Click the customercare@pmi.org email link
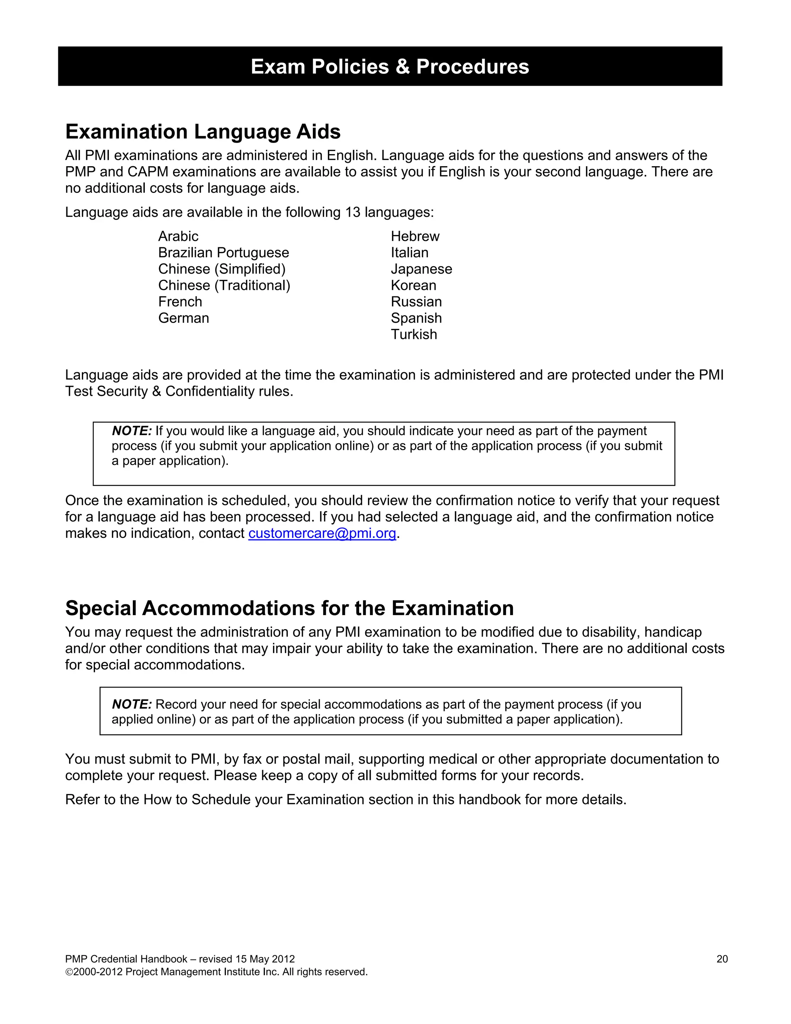(x=322, y=534)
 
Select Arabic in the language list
(x=178, y=236)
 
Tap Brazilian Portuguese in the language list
(x=224, y=253)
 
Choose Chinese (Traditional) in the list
(x=224, y=286)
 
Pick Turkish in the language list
(x=414, y=335)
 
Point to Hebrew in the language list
(x=415, y=236)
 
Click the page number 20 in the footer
(x=721, y=959)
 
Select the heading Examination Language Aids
(x=203, y=132)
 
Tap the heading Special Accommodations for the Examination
(x=289, y=608)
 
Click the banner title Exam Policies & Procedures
(x=390, y=66)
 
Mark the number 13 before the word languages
(x=352, y=213)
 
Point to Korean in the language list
(x=413, y=286)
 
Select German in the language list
(x=183, y=318)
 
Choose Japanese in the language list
(x=421, y=269)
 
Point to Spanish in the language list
(x=416, y=318)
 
